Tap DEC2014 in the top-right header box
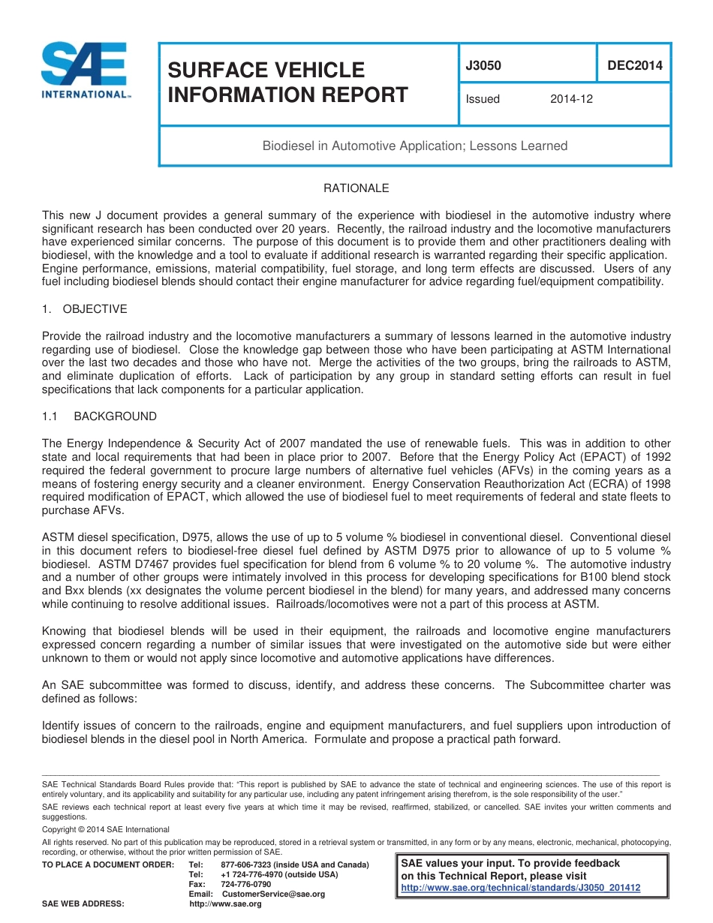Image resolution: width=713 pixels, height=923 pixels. [x=634, y=65]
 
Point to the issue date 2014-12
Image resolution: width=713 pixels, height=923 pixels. [x=571, y=98]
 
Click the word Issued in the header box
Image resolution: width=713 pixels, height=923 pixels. [x=483, y=98]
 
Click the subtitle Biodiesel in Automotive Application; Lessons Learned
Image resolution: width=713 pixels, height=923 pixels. [x=414, y=146]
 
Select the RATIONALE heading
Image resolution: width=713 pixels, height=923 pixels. [x=356, y=188]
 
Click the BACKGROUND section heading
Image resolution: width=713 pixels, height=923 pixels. [x=116, y=416]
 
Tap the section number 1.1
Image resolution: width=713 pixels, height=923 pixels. [x=50, y=416]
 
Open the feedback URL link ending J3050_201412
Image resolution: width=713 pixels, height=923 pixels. [x=521, y=888]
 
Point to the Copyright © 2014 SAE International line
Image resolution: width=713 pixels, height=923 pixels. [x=106, y=829]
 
